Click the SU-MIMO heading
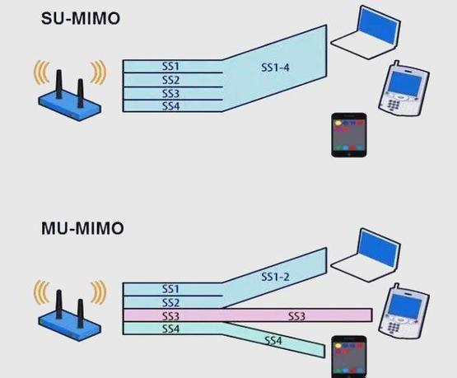[81, 17]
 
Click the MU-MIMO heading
[82, 228]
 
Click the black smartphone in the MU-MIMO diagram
[350, 357]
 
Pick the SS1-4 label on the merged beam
[274, 68]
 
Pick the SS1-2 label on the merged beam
[275, 278]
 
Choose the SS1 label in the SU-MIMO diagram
[170, 65]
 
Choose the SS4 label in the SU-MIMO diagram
[170, 106]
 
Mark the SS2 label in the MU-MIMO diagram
[170, 302]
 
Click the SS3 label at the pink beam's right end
[297, 315]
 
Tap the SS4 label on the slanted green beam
[273, 340]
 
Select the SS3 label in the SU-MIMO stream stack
[170, 93]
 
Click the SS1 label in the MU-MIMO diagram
[170, 289]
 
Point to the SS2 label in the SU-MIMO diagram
[170, 80]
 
